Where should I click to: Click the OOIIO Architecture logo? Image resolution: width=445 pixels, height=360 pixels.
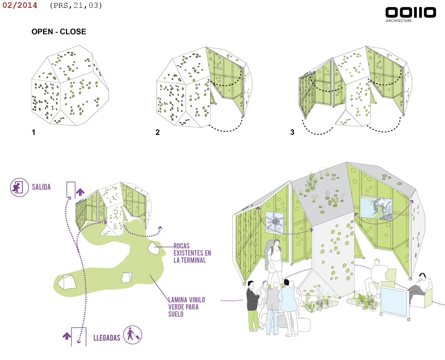tap(410, 13)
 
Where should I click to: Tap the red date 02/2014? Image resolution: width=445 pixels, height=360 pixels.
tap(20, 6)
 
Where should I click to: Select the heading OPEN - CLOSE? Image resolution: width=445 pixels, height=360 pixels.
tap(59, 32)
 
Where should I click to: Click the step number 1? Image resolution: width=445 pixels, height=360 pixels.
tap(33, 132)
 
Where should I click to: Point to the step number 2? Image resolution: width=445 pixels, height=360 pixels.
tap(158, 132)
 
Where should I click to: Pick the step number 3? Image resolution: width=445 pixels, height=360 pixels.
tap(292, 132)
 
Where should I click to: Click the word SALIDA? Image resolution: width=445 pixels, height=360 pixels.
tap(41, 187)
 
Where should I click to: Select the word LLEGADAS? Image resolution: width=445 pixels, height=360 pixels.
tap(107, 338)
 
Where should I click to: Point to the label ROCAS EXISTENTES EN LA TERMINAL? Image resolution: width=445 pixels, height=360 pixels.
tap(192, 253)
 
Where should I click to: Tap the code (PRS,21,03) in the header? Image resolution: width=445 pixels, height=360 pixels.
tap(76, 6)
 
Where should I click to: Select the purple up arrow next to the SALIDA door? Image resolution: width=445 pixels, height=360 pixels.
tap(80, 192)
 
